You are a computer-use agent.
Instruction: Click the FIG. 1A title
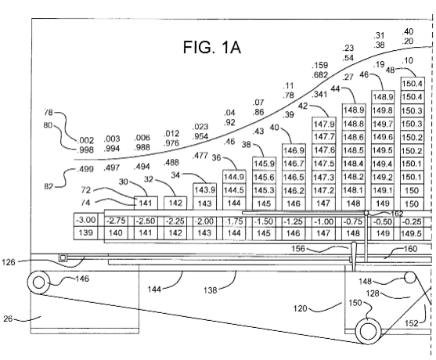212,47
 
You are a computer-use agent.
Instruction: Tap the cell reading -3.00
85,220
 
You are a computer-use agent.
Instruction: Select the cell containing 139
85,233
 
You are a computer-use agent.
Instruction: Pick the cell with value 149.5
411,233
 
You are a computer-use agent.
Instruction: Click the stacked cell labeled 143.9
204,190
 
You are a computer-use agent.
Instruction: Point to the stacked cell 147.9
323,124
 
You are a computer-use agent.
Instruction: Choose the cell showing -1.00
323,221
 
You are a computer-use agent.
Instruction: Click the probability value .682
320,75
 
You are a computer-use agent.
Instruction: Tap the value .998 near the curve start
85,149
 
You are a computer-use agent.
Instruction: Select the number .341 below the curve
319,95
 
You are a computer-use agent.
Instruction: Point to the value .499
85,169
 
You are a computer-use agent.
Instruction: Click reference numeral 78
48,113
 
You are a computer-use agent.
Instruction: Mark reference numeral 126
9,262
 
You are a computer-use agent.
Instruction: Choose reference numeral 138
210,290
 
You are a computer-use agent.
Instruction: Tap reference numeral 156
298,249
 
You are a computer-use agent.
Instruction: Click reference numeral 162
397,214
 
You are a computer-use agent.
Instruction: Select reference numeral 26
8,319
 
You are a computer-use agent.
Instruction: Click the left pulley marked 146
38,283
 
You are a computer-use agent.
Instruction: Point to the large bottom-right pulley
369,331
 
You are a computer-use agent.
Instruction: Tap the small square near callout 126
63,258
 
